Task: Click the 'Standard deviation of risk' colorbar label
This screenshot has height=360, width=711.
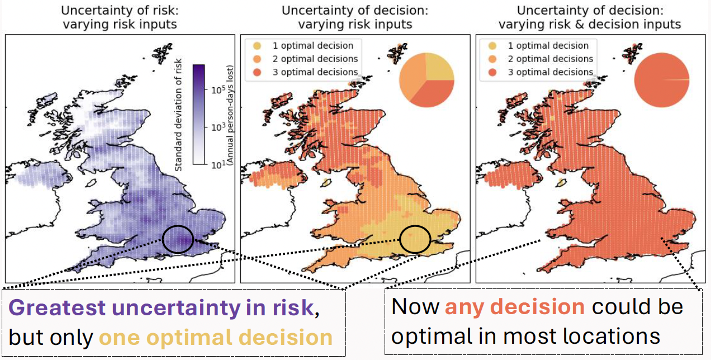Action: [x=179, y=115]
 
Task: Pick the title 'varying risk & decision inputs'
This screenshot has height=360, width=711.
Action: [x=590, y=24]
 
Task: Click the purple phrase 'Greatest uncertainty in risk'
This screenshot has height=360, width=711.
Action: [x=161, y=308]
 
